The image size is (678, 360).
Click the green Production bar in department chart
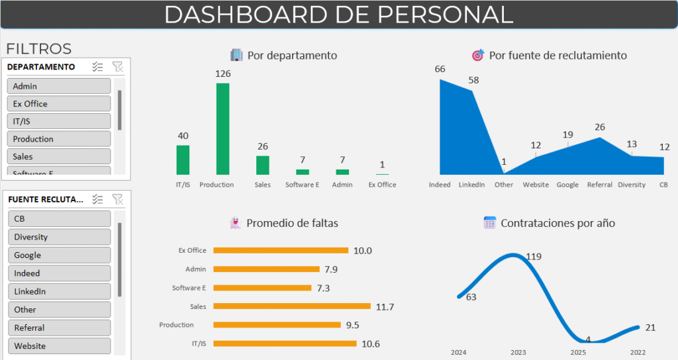222,129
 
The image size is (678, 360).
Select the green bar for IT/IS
183,160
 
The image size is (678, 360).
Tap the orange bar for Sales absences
292,306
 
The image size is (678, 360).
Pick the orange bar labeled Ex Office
281,250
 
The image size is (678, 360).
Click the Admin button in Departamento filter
59,86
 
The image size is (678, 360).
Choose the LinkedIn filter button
59,291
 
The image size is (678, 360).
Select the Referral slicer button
59,328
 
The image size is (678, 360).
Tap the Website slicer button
59,345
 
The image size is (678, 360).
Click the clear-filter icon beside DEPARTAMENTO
118,67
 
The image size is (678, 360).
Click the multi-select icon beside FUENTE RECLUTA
98,199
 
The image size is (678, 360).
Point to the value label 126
222,74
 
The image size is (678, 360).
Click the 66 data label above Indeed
440,69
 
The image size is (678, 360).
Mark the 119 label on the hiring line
534,257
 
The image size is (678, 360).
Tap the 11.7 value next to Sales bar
385,307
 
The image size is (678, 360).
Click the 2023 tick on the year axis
518,352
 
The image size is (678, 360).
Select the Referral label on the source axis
599,185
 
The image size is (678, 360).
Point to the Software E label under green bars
302,185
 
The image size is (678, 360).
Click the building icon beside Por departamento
236,55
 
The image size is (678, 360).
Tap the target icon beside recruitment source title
478,55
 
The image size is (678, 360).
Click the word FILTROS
39,49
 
